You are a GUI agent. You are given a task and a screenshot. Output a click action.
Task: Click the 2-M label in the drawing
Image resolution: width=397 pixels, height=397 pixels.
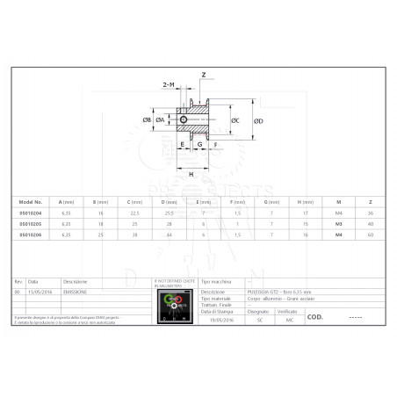169,84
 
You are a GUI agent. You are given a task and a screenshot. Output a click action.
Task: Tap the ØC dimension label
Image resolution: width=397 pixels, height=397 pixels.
235,120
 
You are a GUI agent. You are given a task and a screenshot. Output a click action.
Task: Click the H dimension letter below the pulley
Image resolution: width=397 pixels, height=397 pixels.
192,173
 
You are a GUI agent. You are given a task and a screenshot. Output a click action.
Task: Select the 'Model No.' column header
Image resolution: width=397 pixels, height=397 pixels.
31,200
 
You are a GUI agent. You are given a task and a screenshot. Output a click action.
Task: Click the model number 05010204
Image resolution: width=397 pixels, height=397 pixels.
31,213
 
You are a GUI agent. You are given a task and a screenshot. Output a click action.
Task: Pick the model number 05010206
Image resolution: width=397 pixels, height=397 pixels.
31,235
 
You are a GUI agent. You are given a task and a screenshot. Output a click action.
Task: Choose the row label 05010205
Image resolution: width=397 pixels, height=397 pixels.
31,224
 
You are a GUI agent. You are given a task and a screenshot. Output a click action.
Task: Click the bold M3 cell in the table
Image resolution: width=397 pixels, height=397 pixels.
339,224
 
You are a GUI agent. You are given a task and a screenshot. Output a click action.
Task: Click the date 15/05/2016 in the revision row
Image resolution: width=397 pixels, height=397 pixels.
40,290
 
